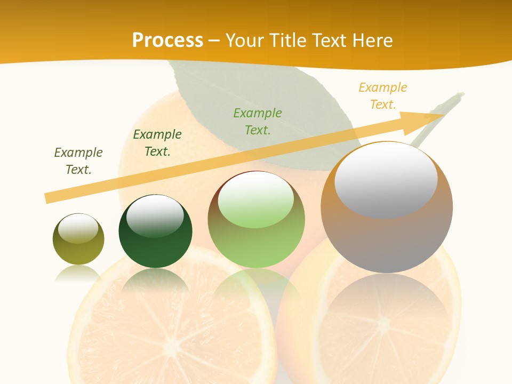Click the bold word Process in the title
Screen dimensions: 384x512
(167, 40)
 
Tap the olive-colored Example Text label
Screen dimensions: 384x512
(78, 161)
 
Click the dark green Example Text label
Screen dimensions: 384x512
(157, 143)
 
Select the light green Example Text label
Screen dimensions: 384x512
(258, 121)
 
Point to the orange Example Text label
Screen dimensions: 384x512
(383, 95)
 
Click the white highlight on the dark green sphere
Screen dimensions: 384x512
(155, 215)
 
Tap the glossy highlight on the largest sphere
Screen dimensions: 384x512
(386, 180)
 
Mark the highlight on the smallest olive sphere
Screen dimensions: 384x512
(78, 228)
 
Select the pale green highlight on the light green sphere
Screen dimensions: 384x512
(256, 200)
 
